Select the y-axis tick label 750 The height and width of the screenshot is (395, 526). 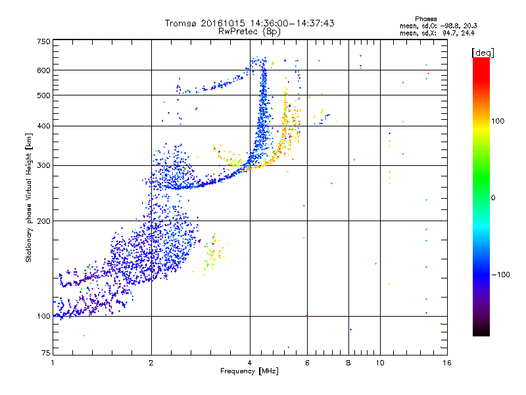coord(43,41)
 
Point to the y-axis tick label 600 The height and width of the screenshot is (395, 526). coord(43,70)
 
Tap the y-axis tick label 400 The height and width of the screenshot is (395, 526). coord(43,126)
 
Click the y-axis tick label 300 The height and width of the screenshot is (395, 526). coord(43,165)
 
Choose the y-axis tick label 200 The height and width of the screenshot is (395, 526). coord(43,221)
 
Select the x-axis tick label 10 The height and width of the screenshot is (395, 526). coord(380,363)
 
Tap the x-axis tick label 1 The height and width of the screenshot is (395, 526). coord(53,363)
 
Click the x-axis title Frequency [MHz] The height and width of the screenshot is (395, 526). coord(249,372)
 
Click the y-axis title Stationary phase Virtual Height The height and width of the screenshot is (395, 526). coord(29,198)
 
